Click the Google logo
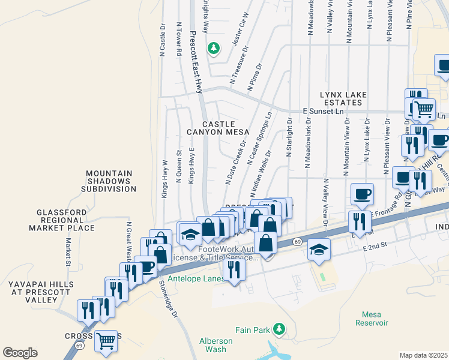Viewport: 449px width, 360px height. tap(20, 353)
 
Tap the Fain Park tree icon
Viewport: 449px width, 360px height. tap(279, 328)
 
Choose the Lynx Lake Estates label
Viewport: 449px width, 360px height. tap(340, 98)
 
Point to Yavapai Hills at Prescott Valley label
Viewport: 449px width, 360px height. tap(40, 291)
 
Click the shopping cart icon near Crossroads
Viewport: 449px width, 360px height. tap(106, 341)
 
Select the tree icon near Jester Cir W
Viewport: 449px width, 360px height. tap(212, 47)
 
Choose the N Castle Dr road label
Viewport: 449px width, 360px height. tap(162, 41)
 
